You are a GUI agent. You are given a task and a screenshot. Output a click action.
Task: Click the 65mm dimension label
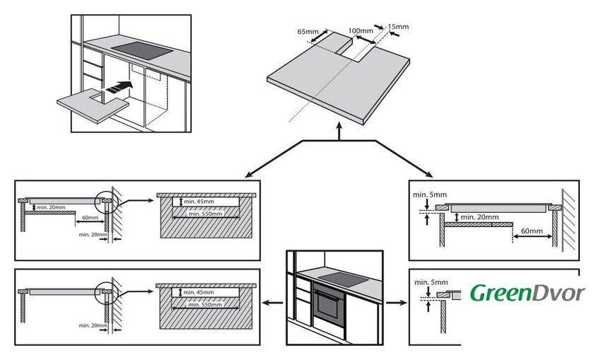coord(308,33)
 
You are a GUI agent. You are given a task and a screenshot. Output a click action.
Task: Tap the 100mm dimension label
coord(361,31)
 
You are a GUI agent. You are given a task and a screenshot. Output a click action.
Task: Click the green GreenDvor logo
coord(528,293)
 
